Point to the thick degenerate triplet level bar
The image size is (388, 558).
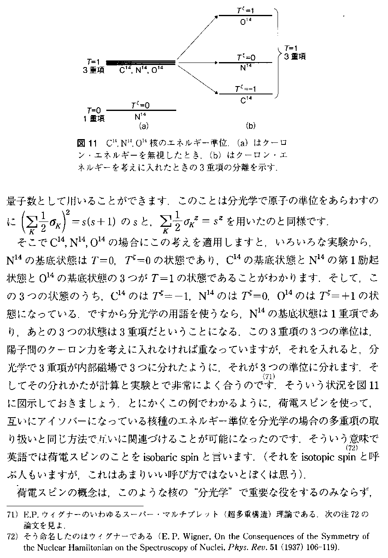tap(141, 63)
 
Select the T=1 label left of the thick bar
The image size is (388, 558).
tap(94, 60)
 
